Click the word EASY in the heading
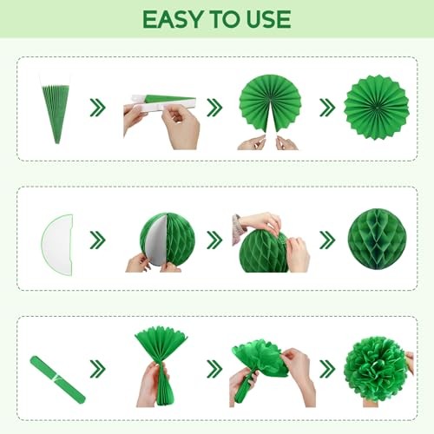[172, 19]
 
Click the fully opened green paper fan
[376, 107]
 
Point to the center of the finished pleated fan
[376, 108]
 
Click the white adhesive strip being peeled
[163, 102]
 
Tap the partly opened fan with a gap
[270, 105]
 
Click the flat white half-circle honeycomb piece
[57, 245]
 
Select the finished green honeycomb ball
[377, 240]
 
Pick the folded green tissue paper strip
[57, 379]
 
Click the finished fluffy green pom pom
[375, 369]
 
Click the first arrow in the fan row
[97, 108]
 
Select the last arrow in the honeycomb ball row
[327, 240]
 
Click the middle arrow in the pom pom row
[214, 369]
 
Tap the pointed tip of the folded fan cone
[57, 143]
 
